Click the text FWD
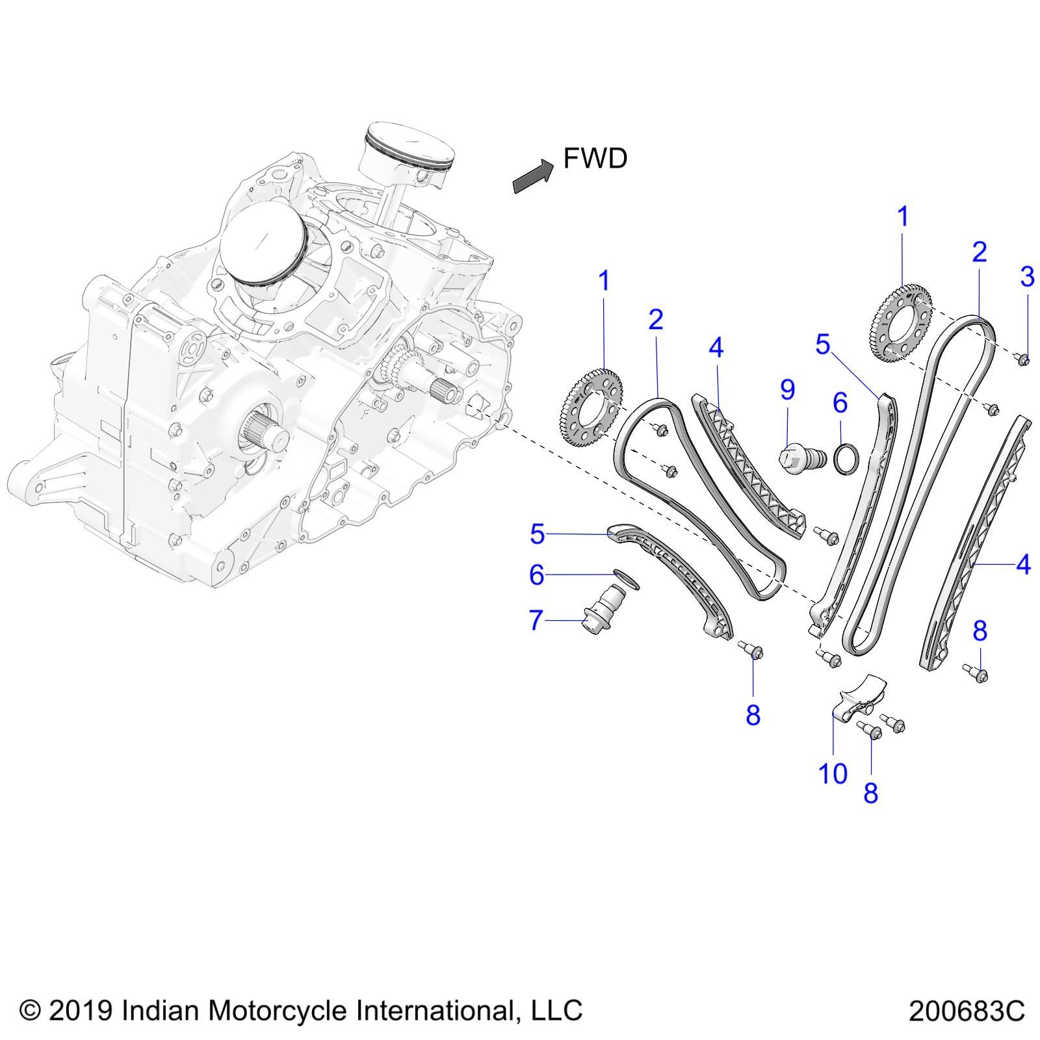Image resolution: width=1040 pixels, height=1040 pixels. tap(595, 159)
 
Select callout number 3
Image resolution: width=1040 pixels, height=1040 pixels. tap(1027, 277)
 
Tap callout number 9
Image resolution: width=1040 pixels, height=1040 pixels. tap(787, 390)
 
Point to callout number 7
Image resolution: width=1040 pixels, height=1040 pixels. tap(536, 620)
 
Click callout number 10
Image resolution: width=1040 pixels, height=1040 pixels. tap(833, 773)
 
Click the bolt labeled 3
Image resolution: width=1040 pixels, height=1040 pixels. tap(1023, 359)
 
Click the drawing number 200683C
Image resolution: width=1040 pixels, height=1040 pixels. tap(967, 1011)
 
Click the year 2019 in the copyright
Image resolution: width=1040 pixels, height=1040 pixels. tap(79, 1010)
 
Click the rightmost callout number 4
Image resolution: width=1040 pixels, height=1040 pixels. tap(1023, 564)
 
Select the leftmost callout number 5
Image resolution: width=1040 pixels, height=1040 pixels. tap(537, 534)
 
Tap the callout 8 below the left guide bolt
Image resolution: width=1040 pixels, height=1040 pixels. tap(753, 715)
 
